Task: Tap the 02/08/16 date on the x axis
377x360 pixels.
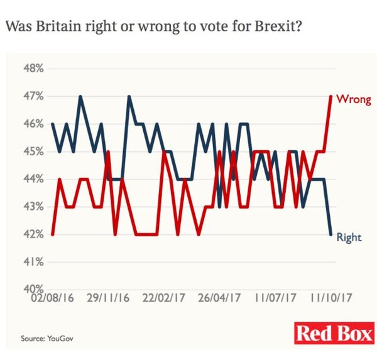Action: coord(53,295)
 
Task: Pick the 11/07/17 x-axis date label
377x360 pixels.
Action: coord(276,295)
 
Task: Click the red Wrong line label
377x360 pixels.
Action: coord(354,99)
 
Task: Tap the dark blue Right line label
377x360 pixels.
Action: coord(349,237)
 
